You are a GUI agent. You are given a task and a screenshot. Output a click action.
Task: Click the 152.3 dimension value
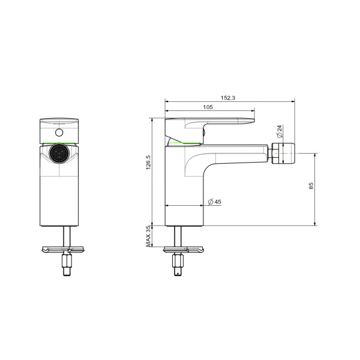(229, 97)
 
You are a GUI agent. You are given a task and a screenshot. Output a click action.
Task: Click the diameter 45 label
(214, 202)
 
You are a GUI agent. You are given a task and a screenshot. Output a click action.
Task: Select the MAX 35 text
(148, 236)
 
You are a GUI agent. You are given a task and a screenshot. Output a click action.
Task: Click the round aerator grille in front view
(59, 155)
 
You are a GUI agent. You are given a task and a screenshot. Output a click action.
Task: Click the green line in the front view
(59, 144)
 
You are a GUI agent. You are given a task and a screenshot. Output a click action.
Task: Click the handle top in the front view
(59, 120)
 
